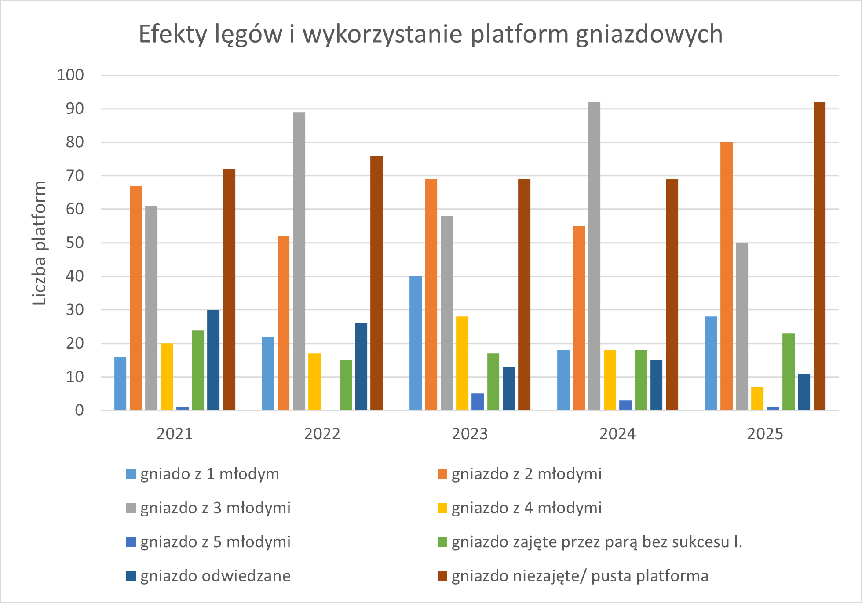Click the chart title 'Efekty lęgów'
[x=431, y=34]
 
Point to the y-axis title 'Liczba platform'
[x=40, y=243]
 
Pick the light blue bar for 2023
[x=416, y=343]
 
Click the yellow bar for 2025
[x=757, y=398]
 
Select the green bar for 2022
[x=346, y=385]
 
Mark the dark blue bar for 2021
[x=213, y=360]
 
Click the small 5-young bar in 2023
[x=478, y=402]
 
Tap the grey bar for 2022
[x=299, y=261]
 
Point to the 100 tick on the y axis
[x=70, y=75]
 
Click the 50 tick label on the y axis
[x=75, y=243]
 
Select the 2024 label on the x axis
[x=617, y=434]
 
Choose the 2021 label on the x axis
[x=175, y=434]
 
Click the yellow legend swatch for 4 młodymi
[x=442, y=508]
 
